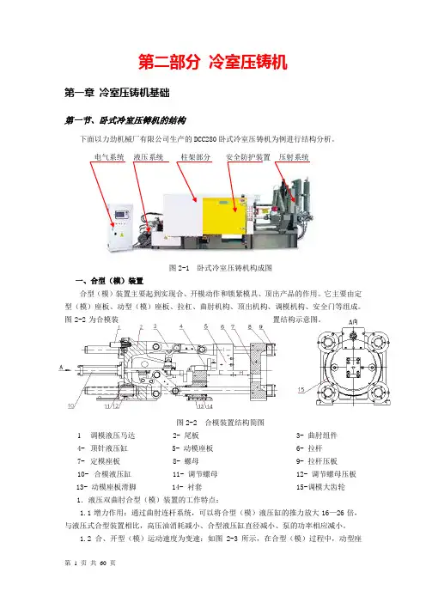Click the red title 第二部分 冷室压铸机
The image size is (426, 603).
[213, 62]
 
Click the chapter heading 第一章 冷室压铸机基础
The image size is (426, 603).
[117, 93]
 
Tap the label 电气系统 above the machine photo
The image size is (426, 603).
[109, 157]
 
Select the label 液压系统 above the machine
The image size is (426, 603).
[149, 157]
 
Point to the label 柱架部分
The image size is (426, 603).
[196, 157]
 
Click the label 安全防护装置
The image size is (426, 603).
[248, 157]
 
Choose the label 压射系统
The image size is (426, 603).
[294, 157]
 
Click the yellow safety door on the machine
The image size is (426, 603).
[224, 216]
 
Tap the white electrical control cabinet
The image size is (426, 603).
[120, 226]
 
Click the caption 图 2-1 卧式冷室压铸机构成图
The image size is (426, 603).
[221, 268]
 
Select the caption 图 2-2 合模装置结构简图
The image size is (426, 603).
[221, 423]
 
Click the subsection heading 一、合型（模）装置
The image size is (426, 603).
[110, 281]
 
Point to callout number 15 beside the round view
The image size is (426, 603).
[301, 390]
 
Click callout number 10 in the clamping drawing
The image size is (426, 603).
[71, 405]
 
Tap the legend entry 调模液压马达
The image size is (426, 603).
[113, 435]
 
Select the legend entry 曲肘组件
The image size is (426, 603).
[323, 435]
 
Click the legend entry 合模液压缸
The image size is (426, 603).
[113, 474]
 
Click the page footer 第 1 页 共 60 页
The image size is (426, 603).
[90, 563]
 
